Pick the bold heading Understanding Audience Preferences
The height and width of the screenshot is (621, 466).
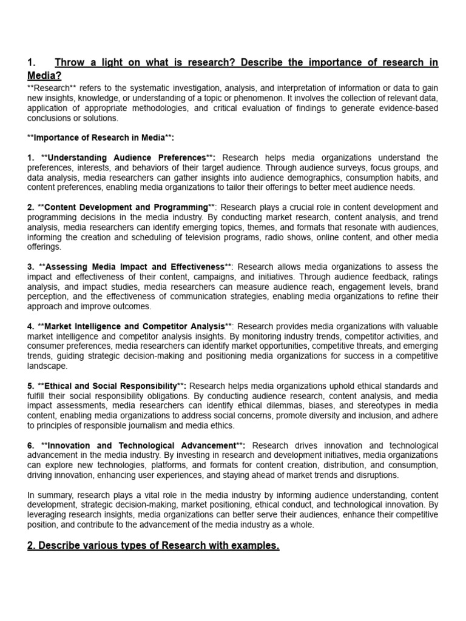(126, 158)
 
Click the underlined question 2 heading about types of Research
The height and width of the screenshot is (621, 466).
(154, 546)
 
